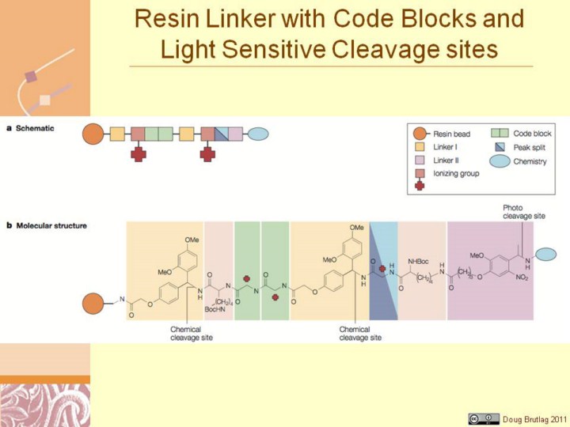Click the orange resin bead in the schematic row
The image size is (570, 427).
pos(93,134)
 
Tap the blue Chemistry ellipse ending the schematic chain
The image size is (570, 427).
pos(258,134)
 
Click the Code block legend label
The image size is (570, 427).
pos(533,134)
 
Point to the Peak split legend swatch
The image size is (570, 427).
pos(498,148)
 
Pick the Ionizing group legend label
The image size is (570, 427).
pos(457,173)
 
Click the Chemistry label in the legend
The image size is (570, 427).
pos(530,161)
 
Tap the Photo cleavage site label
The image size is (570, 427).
pos(523,211)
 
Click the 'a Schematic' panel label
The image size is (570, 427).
pos(30,128)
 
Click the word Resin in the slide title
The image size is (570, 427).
pos(169,18)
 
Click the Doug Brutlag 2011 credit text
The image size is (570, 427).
pos(535,418)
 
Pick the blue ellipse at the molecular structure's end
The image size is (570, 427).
pos(545,254)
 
